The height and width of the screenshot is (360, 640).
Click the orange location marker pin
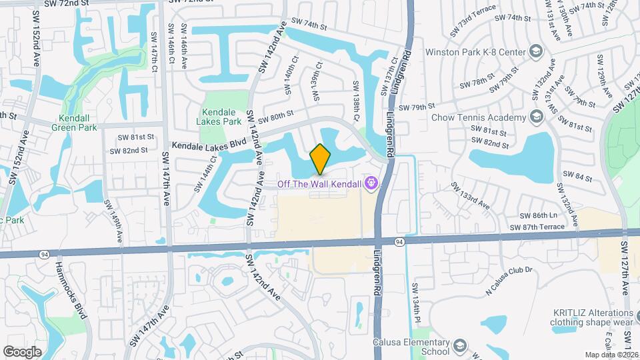click(x=321, y=158)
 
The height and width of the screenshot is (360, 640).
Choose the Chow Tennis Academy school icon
click(x=536, y=118)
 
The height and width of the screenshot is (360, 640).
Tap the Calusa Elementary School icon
click(x=460, y=347)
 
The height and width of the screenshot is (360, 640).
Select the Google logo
click(x=22, y=351)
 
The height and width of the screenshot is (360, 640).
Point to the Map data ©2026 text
click(x=611, y=355)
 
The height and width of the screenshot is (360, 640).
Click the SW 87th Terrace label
click(x=537, y=227)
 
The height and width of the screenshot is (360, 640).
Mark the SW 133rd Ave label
click(x=470, y=195)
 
